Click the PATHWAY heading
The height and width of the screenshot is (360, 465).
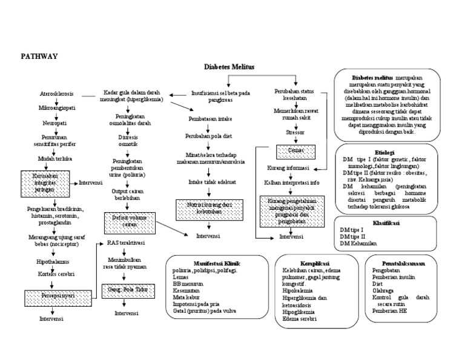point(39,56)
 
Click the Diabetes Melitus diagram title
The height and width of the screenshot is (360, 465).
point(230,68)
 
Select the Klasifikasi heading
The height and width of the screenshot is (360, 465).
point(387,222)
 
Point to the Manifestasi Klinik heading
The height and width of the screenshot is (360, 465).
point(214,264)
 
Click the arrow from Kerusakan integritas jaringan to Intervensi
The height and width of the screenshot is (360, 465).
point(75,182)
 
